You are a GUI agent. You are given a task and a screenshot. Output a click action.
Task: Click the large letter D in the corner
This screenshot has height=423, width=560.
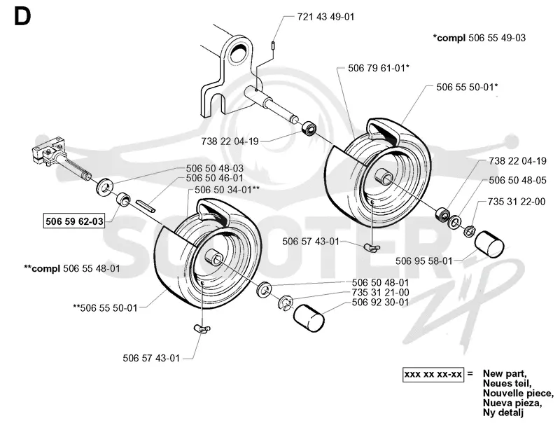pyautogui.click(x=22, y=17)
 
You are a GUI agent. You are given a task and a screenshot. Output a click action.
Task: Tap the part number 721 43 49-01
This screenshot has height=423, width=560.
pyautogui.click(x=325, y=17)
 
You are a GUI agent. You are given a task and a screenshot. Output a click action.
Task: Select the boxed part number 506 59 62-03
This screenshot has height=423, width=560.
pyautogui.click(x=74, y=221)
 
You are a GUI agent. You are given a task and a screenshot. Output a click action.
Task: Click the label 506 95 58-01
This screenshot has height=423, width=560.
pyautogui.click(x=424, y=261)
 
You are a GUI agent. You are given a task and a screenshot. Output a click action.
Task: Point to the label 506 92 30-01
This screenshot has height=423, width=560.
pyautogui.click(x=380, y=303)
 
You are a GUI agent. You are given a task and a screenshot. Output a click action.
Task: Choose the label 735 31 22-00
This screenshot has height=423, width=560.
pyautogui.click(x=517, y=202)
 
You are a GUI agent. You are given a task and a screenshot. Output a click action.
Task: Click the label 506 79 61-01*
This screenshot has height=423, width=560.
pyautogui.click(x=379, y=68)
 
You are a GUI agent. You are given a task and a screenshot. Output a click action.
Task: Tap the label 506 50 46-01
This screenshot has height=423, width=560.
pyautogui.click(x=215, y=179)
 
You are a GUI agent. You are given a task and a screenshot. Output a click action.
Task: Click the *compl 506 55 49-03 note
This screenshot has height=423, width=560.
pyautogui.click(x=479, y=38)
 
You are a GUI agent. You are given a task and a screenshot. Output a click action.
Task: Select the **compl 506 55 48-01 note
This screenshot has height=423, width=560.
pyautogui.click(x=72, y=268)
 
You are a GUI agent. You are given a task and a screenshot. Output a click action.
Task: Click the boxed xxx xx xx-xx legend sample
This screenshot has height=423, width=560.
pyautogui.click(x=433, y=375)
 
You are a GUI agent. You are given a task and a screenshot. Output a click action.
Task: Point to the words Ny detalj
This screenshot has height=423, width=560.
pyautogui.click(x=503, y=413)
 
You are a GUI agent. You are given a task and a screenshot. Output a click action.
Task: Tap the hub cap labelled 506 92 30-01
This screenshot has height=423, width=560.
pyautogui.click(x=309, y=318)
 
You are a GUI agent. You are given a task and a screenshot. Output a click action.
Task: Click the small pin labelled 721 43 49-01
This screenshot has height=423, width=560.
pyautogui.click(x=273, y=46)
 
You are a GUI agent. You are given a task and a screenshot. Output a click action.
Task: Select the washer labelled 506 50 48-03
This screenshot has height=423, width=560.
pyautogui.click(x=106, y=186)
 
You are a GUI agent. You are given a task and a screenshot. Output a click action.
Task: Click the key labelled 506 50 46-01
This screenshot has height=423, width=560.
pyautogui.click(x=145, y=205)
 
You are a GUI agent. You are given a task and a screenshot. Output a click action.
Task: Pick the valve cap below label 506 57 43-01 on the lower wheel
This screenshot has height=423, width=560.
pyautogui.click(x=202, y=328)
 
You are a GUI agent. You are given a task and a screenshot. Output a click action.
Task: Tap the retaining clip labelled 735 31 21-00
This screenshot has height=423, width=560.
pyautogui.click(x=286, y=303)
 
